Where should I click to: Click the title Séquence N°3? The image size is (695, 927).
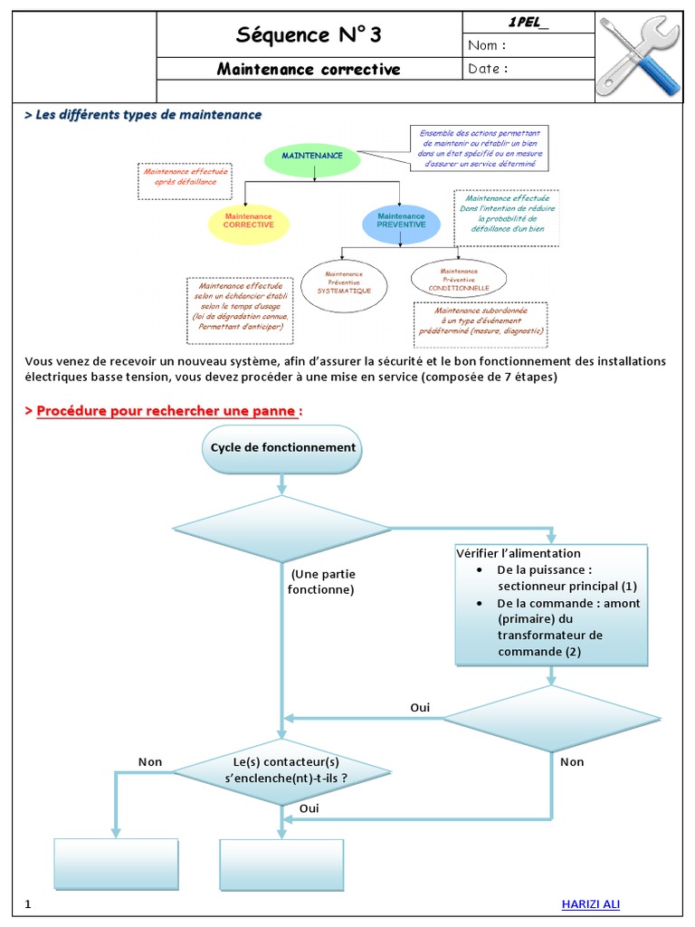pyautogui.click(x=309, y=35)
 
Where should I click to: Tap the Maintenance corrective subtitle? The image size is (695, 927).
pyautogui.click(x=309, y=70)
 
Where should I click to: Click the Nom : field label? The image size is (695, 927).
pyautogui.click(x=487, y=45)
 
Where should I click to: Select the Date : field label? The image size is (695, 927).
pyautogui.click(x=488, y=69)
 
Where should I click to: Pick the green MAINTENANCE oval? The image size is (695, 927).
pyautogui.click(x=312, y=158)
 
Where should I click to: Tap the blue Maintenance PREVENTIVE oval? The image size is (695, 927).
pyautogui.click(x=401, y=221)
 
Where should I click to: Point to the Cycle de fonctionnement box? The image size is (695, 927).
pyautogui.click(x=283, y=448)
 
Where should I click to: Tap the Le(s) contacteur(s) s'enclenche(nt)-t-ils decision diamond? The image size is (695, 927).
pyautogui.click(x=283, y=769)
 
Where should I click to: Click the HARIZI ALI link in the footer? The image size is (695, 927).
pyautogui.click(x=591, y=904)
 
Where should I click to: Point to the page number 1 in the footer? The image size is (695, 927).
pyautogui.click(x=28, y=904)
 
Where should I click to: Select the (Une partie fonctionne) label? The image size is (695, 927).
pyautogui.click(x=323, y=582)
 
